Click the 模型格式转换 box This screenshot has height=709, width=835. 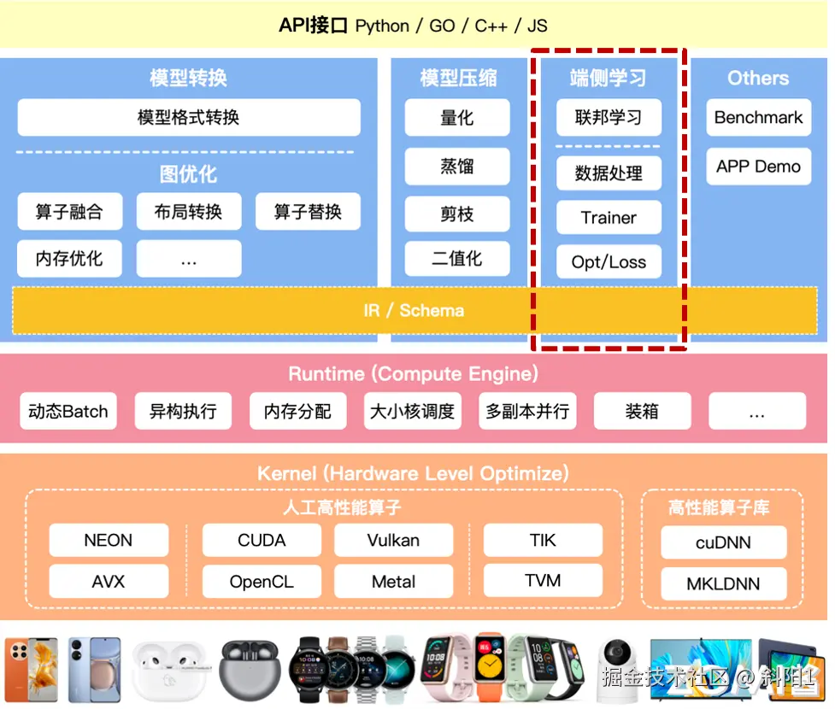coord(189,118)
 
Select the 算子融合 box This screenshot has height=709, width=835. coord(69,212)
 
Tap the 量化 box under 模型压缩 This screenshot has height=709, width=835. coord(457,118)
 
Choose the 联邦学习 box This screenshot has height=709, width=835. coord(609,118)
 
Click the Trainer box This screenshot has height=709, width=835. coord(609,218)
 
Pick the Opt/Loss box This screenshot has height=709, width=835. coord(609,262)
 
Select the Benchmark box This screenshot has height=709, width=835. coord(758,118)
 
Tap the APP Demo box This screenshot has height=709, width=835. coord(758,167)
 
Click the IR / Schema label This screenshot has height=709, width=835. coord(414,310)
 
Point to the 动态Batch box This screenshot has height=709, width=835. coord(68,412)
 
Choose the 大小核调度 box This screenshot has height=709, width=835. coord(412,412)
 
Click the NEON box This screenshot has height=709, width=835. coord(109,541)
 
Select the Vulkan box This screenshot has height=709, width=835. coord(393,541)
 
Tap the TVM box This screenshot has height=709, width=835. coord(543,581)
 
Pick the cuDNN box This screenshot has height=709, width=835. coord(723,543)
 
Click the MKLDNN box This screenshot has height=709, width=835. coord(723,585)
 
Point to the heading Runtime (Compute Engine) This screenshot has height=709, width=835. coord(414,374)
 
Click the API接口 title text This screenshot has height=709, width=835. coord(313,26)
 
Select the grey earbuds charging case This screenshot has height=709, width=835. coord(250,669)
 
